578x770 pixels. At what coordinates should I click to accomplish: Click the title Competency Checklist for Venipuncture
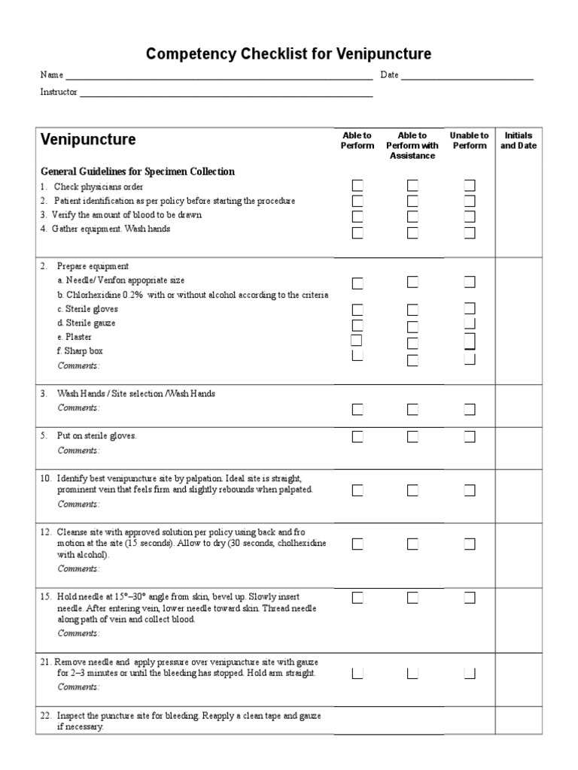[x=288, y=54]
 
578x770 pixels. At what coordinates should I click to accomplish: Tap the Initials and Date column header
[x=519, y=141]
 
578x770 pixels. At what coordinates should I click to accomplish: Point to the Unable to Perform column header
[x=469, y=141]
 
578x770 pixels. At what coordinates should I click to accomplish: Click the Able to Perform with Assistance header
[x=412, y=145]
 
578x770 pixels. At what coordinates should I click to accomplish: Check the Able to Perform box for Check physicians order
[x=357, y=186]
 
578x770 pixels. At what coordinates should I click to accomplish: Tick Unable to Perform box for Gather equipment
[x=470, y=233]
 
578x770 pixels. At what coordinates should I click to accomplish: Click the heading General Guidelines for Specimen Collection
[x=137, y=171]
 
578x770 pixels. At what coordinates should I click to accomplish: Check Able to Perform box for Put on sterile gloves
[x=357, y=436]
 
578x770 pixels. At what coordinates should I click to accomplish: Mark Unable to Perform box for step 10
[x=470, y=490]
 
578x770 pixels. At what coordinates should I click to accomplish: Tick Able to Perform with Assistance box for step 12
[x=412, y=544]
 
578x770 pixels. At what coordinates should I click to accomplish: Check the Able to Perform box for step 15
[x=357, y=598]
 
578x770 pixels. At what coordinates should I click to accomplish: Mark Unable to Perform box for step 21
[x=470, y=673]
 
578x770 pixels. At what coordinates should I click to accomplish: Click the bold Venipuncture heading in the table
[x=88, y=140]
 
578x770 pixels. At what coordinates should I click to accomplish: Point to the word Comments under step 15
[x=78, y=633]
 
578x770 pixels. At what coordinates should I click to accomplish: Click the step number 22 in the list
[x=45, y=716]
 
